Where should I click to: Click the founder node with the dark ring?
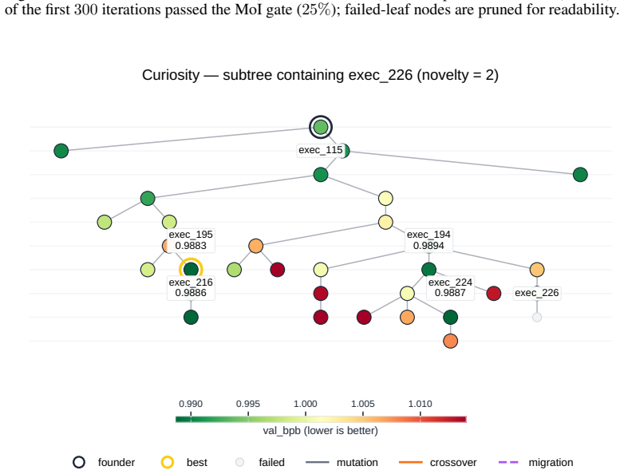click(321, 128)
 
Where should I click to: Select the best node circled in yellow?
click(191, 270)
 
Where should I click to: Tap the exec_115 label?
click(320, 150)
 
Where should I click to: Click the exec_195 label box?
click(191, 240)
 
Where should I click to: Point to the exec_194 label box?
click(429, 240)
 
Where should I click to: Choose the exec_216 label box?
click(191, 287)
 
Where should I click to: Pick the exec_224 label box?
click(450, 287)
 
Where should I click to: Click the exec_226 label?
click(537, 293)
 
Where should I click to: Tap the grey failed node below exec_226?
click(537, 317)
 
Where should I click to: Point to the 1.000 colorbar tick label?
click(306, 404)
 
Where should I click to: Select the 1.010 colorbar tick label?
click(421, 404)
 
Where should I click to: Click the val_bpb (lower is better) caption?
click(320, 431)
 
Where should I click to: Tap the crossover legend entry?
click(438, 463)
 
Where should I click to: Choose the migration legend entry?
click(535, 463)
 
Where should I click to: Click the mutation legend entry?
click(342, 463)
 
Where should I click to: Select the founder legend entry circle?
click(79, 462)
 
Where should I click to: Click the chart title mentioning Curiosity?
click(320, 75)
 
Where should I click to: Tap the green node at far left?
click(61, 151)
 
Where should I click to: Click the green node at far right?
click(580, 174)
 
